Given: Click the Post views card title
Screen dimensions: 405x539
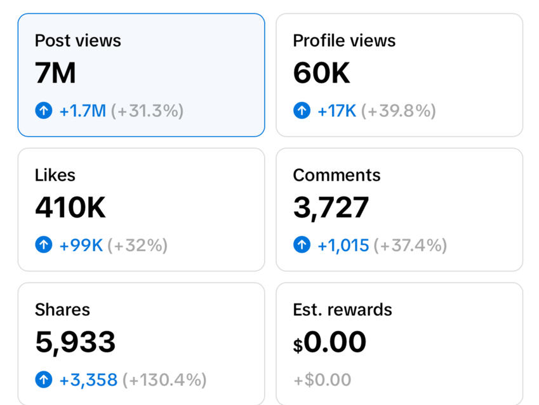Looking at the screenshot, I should (77, 41).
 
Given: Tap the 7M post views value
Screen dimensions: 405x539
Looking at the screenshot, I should (55, 74).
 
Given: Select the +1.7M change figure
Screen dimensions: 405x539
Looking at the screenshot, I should (83, 111).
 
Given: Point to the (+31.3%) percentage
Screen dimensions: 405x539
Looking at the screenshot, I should (147, 111).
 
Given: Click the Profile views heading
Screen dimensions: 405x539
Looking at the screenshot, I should (343, 41).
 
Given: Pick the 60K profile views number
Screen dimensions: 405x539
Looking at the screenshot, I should (321, 74).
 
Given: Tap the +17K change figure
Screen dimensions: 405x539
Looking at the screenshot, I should (336, 111).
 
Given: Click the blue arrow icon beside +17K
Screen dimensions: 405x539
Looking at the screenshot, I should (302, 111).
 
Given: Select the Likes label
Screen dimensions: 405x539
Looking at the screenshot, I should (55, 175).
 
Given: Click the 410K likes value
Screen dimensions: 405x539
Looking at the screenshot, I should (70, 208).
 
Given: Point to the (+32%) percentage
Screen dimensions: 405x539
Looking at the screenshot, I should (137, 245).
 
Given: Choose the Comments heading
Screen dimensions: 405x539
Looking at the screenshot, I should (336, 175).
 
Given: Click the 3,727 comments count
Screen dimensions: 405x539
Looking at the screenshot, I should (331, 208).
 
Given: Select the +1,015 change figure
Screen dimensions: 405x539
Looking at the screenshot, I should (343, 245).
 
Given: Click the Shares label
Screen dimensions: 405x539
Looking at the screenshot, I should (62, 310).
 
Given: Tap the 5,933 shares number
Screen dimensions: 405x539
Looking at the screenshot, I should (75, 342).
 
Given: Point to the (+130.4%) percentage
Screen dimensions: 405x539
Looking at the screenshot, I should (164, 380).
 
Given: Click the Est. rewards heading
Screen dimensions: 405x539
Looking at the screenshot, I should (342, 310).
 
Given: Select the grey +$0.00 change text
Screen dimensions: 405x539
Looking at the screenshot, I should (322, 380).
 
